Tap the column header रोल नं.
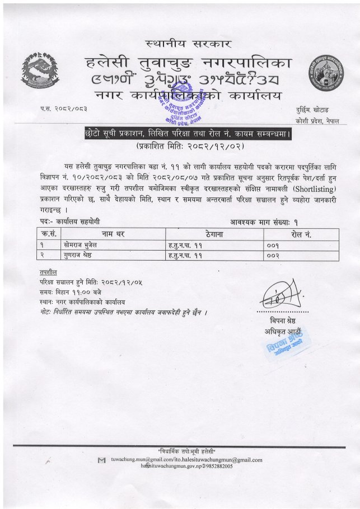pos(301,234)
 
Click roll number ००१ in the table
pos(273,245)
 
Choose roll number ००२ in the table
pos(273,255)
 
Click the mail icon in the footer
pos(101,460)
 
